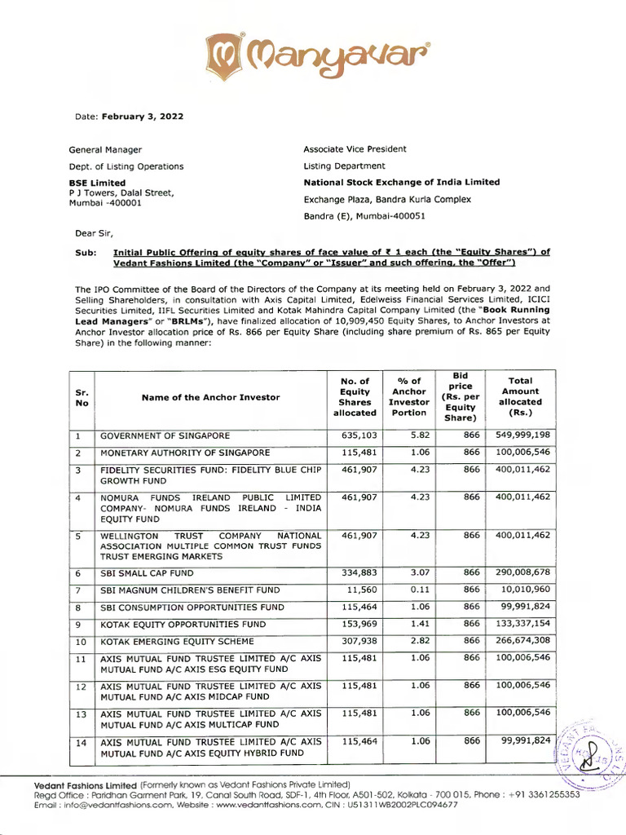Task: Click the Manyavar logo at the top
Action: tap(313, 52)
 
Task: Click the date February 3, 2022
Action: tap(142, 117)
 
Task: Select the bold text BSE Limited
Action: tap(97, 183)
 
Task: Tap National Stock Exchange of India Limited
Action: tap(401, 183)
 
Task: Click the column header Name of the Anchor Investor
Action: tap(210, 397)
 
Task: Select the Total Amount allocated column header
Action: tap(519, 397)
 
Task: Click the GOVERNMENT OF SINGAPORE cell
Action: tap(165, 436)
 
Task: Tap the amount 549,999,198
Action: tap(522, 436)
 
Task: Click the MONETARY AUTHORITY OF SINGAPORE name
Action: tap(184, 453)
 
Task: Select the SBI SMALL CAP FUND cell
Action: tap(148, 574)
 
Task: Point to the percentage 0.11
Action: tap(420, 590)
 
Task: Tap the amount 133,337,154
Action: tap(522, 624)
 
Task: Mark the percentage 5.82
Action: tap(420, 436)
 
